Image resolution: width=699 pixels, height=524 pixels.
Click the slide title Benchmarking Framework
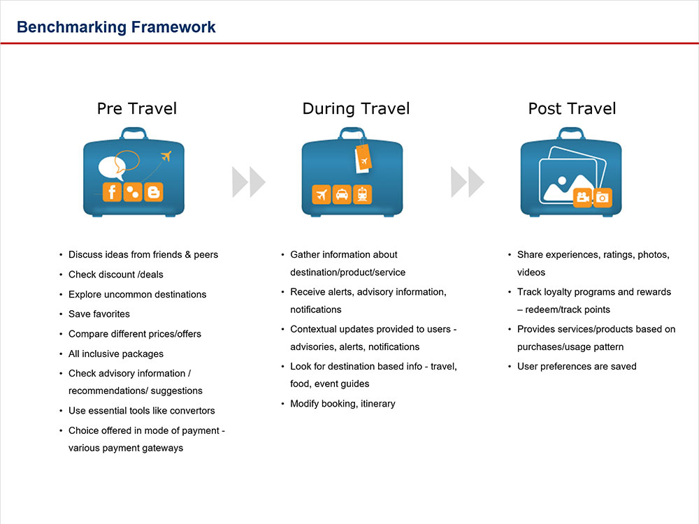(x=116, y=27)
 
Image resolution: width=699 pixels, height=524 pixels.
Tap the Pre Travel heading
(x=137, y=108)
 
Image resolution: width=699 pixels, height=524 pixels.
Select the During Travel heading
(x=356, y=108)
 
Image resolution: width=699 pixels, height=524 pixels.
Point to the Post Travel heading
(x=572, y=108)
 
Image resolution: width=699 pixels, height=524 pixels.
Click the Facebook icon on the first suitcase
(x=112, y=192)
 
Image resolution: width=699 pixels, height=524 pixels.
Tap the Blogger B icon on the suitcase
(x=154, y=192)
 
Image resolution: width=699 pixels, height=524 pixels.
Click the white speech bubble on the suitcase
(x=112, y=167)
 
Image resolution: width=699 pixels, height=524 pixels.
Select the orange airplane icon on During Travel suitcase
(x=322, y=194)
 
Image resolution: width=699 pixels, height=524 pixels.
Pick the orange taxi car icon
(x=342, y=194)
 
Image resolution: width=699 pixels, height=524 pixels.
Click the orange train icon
(x=363, y=194)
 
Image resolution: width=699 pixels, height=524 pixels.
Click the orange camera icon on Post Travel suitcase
(x=602, y=198)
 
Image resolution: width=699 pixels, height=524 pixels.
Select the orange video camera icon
(x=582, y=198)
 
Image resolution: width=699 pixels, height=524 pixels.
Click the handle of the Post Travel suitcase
(x=571, y=133)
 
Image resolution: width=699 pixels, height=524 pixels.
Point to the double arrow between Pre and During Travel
(x=248, y=182)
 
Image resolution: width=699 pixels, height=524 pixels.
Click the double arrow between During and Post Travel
(x=467, y=182)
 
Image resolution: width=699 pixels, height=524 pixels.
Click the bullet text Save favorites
(x=99, y=314)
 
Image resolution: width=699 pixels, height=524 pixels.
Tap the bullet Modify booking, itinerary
(x=343, y=404)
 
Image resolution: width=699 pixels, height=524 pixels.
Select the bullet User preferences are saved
(x=577, y=366)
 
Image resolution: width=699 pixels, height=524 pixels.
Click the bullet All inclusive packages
(x=116, y=354)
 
